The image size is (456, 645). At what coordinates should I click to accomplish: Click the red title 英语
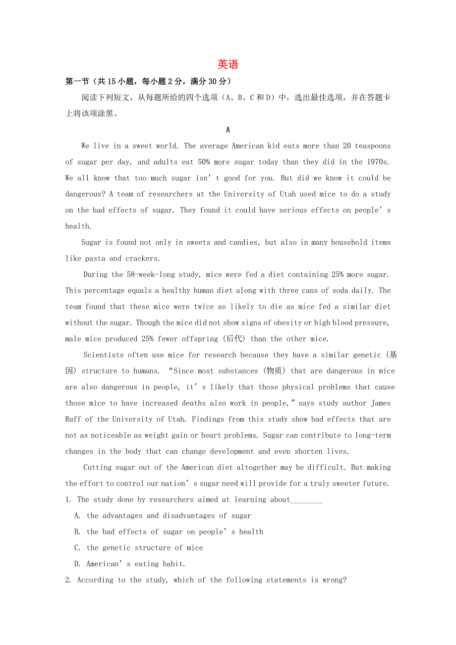coord(228,64)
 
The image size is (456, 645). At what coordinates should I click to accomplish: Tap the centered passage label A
coord(228,130)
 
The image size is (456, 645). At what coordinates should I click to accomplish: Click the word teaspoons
coord(373,146)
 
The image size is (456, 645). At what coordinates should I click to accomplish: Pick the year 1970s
coord(379,162)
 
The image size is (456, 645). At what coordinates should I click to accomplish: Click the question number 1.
coord(68,499)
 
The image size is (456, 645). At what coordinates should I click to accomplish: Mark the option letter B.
coord(77,532)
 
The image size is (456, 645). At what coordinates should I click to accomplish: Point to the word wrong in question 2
coord(335,580)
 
